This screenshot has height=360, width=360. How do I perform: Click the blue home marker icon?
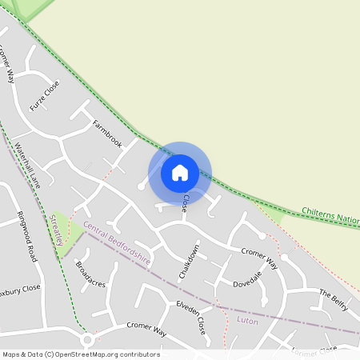click(x=180, y=172)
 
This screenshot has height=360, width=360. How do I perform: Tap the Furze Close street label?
click(x=44, y=96)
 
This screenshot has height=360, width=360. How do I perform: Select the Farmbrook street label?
click(x=106, y=133)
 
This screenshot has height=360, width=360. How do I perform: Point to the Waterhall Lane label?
click(x=26, y=165)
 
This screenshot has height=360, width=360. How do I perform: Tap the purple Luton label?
click(x=248, y=319)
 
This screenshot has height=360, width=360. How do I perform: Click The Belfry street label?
click(x=335, y=298)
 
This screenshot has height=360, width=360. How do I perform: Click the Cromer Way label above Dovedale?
click(x=259, y=258)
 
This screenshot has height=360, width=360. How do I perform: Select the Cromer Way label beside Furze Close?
click(x=6, y=64)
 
